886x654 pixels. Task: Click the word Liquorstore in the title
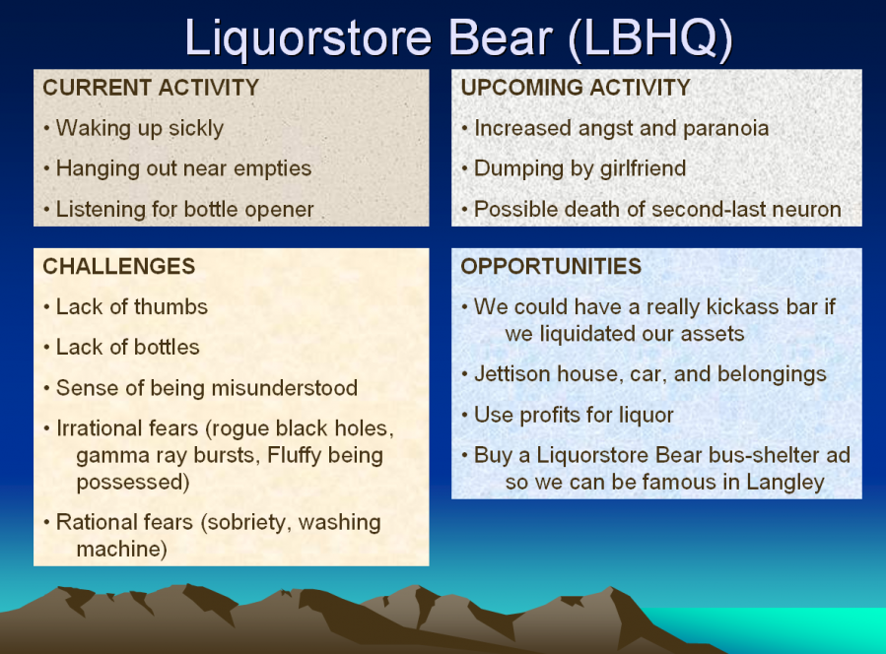(x=307, y=38)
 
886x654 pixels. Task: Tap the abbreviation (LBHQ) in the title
(x=649, y=38)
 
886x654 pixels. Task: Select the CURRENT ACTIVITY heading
(x=151, y=88)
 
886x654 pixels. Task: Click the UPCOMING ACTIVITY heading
(x=576, y=88)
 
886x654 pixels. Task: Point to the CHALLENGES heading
(x=119, y=266)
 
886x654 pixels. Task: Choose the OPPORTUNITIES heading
(x=552, y=266)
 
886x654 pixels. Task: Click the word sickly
(x=196, y=129)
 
